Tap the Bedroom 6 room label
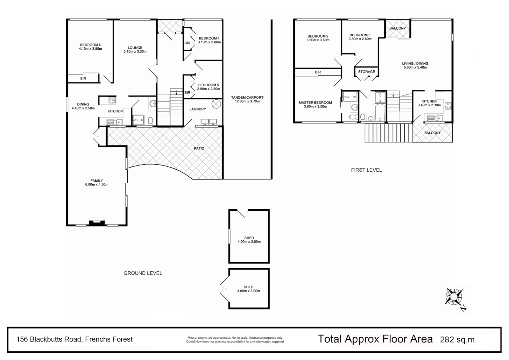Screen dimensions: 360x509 90,45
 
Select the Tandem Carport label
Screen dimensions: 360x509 247,98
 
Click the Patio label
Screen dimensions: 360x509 199,148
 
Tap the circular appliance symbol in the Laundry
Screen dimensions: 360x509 216,104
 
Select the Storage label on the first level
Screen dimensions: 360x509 366,72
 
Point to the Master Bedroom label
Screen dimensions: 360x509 315,103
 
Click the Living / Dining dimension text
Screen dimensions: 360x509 415,67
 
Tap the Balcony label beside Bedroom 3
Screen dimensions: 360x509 397,28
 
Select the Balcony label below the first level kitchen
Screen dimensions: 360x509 432,133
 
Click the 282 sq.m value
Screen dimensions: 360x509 457,340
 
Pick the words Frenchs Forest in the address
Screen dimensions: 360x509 109,339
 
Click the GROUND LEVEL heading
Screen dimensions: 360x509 143,273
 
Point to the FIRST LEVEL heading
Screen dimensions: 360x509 366,170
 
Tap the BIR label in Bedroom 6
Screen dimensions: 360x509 83,78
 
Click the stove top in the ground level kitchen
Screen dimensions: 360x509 112,99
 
